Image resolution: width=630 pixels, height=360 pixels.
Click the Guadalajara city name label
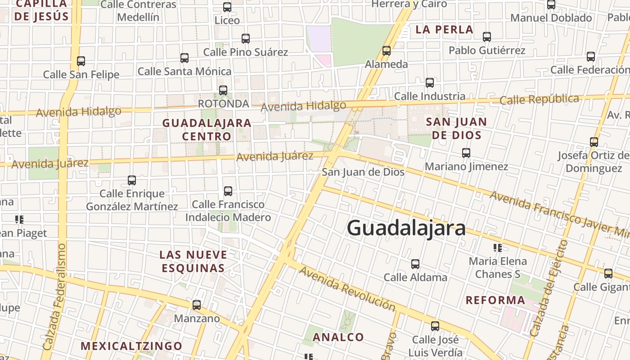[406, 228]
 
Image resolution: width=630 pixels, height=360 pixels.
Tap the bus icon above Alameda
[387, 51]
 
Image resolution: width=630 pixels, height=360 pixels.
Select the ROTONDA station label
[223, 103]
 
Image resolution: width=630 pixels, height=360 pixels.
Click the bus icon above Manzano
[197, 305]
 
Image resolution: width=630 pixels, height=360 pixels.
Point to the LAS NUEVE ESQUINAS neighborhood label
[193, 261]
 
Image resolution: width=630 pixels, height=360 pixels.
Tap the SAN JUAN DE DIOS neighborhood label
[456, 128]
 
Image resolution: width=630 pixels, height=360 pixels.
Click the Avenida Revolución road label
[347, 288]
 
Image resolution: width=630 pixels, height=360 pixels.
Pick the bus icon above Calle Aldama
[415, 264]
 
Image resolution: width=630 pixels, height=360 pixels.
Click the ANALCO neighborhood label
[338, 337]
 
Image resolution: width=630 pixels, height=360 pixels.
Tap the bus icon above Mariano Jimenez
[466, 153]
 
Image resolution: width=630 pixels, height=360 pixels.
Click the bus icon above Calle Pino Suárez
[246, 39]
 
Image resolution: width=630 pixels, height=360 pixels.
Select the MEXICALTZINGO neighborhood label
[131, 346]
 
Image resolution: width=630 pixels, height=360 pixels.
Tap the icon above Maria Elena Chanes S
[498, 248]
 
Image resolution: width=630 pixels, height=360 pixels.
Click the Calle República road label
[539, 99]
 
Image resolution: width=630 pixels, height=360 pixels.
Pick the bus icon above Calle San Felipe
[81, 61]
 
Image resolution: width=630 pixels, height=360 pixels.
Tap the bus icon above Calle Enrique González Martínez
[132, 180]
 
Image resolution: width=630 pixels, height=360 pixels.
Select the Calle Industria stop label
[430, 96]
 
